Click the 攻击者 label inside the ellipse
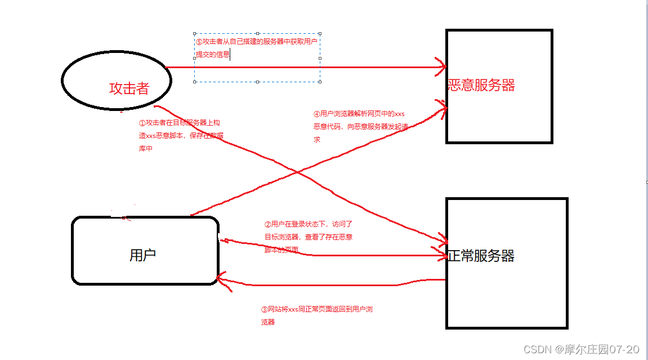pyautogui.click(x=129, y=88)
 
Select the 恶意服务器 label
pyautogui.click(x=481, y=85)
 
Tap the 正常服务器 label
pyautogui.click(x=481, y=256)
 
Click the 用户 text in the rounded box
pyautogui.click(x=142, y=255)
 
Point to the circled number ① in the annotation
pyautogui.click(x=142, y=123)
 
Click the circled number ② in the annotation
pyautogui.click(x=267, y=224)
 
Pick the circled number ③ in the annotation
pyautogui.click(x=265, y=309)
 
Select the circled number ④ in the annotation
pyautogui.click(x=317, y=114)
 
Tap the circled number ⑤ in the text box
pyautogui.click(x=199, y=42)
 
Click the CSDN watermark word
pyautogui.click(x=537, y=349)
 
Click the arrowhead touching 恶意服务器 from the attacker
pyautogui.click(x=443, y=67)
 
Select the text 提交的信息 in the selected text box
pyautogui.click(x=212, y=55)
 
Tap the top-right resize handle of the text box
pyautogui.click(x=320, y=33)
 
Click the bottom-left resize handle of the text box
pyautogui.click(x=195, y=82)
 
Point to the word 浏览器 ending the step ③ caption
pyautogui.click(x=268, y=322)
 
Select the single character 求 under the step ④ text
pyautogui.click(x=317, y=139)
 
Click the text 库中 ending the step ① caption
pyautogui.click(x=145, y=149)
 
